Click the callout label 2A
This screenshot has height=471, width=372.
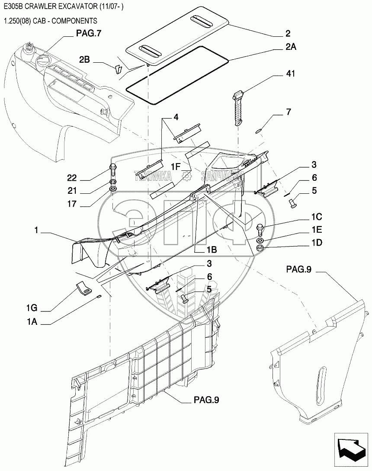pyautogui.click(x=291, y=47)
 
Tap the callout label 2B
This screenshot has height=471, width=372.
pyautogui.click(x=84, y=60)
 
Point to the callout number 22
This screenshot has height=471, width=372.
pyautogui.click(x=72, y=178)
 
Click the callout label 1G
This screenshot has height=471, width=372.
pyautogui.click(x=31, y=308)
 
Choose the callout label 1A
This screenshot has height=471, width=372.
pyautogui.click(x=32, y=322)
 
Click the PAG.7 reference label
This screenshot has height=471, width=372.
pyautogui.click(x=89, y=33)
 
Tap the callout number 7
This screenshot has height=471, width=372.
pyautogui.click(x=289, y=112)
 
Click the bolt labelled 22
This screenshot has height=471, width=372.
pyautogui.click(x=113, y=170)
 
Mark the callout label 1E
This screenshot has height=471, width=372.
pyautogui.click(x=317, y=230)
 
